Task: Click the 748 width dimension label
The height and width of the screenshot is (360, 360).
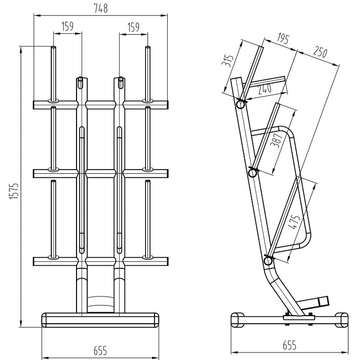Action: click(101, 9)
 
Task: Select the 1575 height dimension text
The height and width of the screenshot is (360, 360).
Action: click(14, 191)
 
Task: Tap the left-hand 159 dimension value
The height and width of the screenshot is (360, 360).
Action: click(67, 26)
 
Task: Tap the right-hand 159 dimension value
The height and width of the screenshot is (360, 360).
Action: click(133, 27)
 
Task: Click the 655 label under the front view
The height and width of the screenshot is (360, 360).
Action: click(100, 350)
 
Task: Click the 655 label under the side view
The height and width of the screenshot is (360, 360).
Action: click(290, 345)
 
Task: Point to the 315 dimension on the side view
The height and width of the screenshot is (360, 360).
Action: click(228, 60)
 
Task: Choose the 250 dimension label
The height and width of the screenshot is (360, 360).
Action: click(320, 52)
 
